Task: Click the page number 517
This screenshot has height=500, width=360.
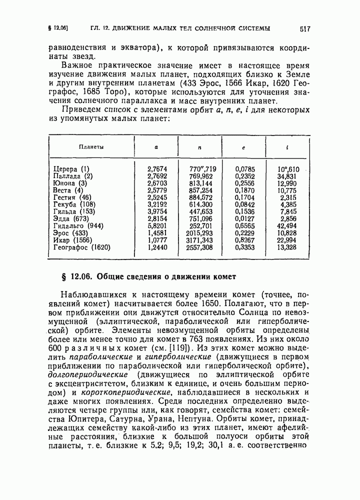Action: tap(305, 29)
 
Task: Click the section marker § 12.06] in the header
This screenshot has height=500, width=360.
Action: tap(58, 28)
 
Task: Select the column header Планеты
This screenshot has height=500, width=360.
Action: tap(91, 147)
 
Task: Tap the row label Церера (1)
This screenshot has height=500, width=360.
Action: tap(71, 169)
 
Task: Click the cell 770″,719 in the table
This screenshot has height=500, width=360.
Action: tap(203, 169)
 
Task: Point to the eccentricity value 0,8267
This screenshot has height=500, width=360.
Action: tap(244, 240)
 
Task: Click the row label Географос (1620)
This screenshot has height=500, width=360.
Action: tap(82, 247)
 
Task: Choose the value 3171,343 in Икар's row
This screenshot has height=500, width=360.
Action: tap(200, 240)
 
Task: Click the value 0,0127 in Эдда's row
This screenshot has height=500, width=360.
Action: tap(244, 219)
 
